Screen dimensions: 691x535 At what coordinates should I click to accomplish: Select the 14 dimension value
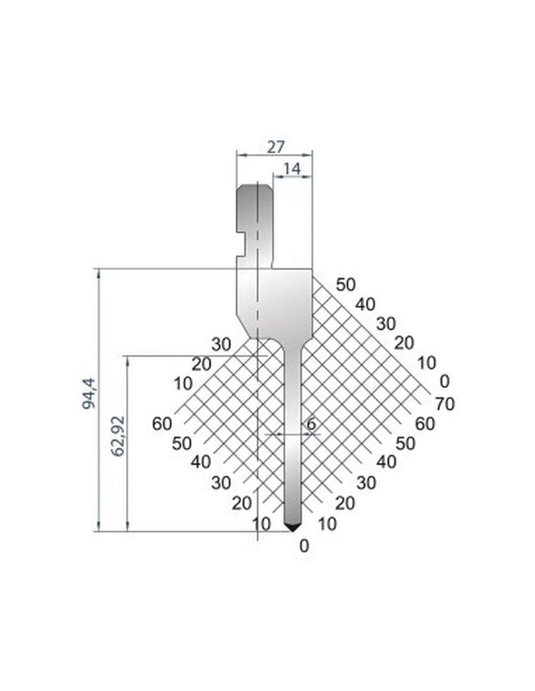[292, 169]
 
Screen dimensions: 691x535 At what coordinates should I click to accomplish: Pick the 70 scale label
[445, 404]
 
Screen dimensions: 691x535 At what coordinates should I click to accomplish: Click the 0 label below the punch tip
[304, 546]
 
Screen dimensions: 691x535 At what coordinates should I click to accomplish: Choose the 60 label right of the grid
[424, 424]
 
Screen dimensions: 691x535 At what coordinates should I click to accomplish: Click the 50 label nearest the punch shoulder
[345, 284]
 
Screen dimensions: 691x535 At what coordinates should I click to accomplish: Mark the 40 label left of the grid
[202, 462]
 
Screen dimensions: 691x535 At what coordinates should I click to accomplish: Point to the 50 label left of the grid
[182, 443]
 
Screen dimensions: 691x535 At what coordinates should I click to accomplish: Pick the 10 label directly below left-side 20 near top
[183, 384]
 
